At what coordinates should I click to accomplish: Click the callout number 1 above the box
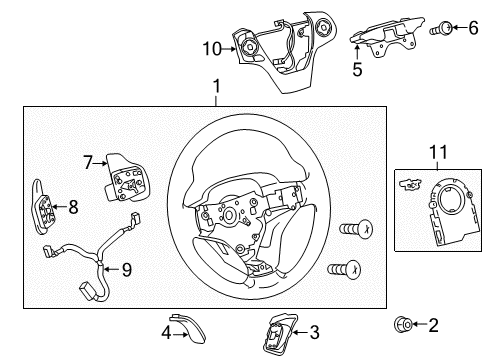coord(217,90)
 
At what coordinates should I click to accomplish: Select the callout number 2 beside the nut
coord(433,324)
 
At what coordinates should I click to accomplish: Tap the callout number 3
coord(313,331)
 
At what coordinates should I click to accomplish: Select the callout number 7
coord(87,159)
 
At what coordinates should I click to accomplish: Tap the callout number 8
coord(73,207)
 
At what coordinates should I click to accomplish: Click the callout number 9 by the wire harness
coord(126,268)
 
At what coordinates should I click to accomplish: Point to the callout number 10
coord(210,46)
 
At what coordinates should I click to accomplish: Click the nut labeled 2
coord(402,324)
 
